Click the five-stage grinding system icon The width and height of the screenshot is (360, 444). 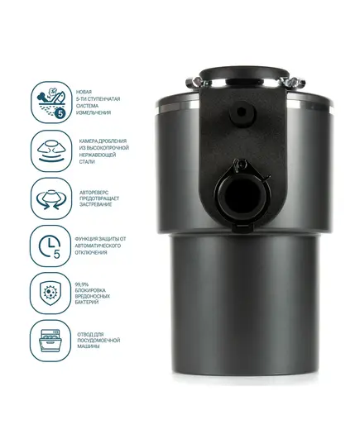tap(51, 103)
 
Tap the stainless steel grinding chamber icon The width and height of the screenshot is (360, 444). tap(51, 151)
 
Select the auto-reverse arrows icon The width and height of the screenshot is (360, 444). tap(51, 198)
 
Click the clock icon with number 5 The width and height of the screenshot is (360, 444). tap(50, 246)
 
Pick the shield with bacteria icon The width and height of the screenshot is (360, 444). tap(50, 293)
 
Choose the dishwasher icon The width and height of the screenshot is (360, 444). tap(50, 341)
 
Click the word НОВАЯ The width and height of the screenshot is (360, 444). tap(84, 92)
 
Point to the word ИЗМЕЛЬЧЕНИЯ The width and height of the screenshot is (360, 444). tap(94, 112)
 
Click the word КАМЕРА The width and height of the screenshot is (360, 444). tap(89, 141)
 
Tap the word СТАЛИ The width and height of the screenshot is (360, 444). tap(87, 162)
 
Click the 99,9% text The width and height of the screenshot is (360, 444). tap(82, 284)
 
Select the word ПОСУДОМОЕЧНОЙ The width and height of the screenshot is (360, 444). tap(98, 340)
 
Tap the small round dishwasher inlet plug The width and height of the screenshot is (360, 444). tap(242, 112)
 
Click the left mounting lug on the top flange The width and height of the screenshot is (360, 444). tap(195, 83)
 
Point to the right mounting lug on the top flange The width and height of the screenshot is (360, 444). tap(294, 83)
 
